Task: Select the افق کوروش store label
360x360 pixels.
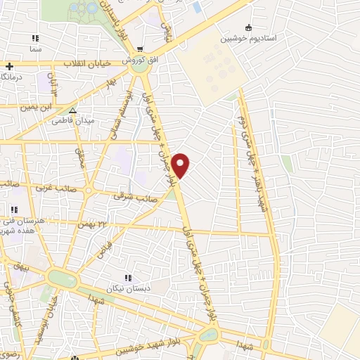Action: (x=143, y=60)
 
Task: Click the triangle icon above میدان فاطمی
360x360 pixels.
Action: (x=72, y=110)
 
